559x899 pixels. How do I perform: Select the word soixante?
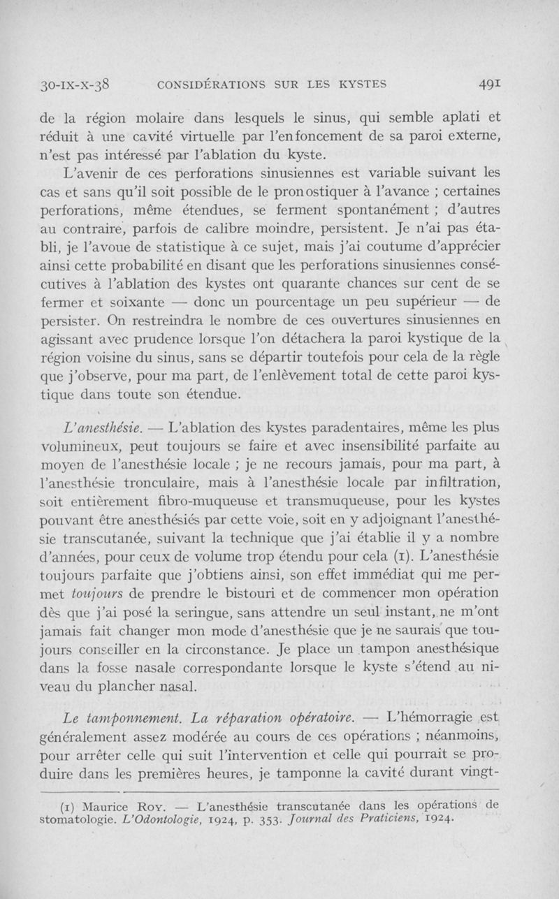click(x=137, y=302)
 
